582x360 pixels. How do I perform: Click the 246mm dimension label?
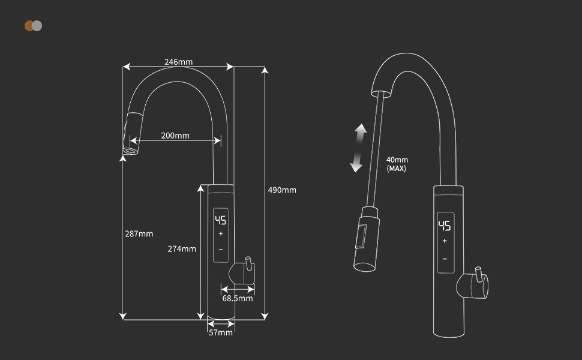(179, 62)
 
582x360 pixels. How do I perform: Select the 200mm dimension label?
(175, 136)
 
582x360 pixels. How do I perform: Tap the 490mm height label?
(282, 190)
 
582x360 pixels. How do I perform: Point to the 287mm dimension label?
(139, 234)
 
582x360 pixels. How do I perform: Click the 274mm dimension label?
(182, 249)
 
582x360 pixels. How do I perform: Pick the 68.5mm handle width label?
(238, 298)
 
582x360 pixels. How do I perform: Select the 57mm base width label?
(221, 332)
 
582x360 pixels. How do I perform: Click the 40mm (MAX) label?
(397, 164)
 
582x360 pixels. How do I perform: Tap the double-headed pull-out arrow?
(358, 148)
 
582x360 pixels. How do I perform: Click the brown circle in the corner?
(29, 26)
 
